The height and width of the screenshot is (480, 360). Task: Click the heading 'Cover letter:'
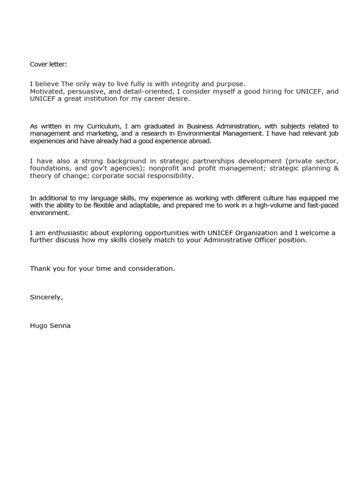coord(48,64)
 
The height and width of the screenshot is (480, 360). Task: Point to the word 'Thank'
coord(40,269)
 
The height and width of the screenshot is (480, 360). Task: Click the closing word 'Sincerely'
coord(45,297)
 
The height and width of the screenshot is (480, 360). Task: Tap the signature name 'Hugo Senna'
coord(50,325)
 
